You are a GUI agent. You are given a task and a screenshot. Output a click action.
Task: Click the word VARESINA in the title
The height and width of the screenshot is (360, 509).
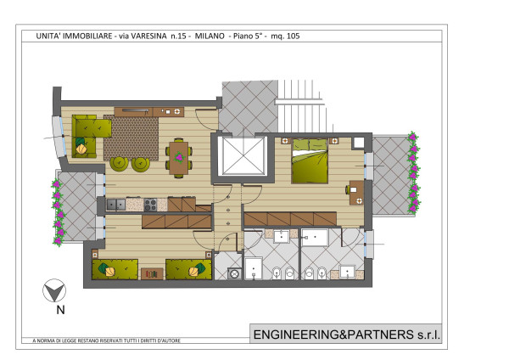point(148,36)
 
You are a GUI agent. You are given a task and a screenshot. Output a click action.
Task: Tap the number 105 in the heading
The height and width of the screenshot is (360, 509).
point(294,36)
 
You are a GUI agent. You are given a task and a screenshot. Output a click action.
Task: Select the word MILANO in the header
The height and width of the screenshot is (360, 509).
point(210,36)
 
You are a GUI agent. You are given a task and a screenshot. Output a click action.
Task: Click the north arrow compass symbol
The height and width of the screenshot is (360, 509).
point(54,290)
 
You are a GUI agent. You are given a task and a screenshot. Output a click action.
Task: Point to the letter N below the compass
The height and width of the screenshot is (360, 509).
point(61,310)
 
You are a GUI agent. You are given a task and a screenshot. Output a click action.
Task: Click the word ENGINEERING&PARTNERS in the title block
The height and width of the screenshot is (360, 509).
point(333,335)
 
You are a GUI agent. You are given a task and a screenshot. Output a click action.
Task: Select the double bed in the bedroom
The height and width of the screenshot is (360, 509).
point(310,160)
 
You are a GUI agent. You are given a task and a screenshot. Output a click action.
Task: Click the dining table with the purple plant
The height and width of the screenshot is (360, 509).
point(178,158)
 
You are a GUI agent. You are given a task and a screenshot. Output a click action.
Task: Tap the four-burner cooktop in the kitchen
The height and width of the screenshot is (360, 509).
point(150,205)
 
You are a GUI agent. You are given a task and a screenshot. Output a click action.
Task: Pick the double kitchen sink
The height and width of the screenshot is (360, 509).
point(116,205)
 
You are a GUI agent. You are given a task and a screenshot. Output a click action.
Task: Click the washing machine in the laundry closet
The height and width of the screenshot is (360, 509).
point(234,273)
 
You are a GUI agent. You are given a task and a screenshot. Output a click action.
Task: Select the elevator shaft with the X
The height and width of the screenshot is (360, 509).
point(243,156)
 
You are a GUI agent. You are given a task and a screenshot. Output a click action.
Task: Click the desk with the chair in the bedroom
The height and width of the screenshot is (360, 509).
point(356,193)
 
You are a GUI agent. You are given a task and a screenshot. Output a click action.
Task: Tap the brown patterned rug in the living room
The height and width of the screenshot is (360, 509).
point(131,138)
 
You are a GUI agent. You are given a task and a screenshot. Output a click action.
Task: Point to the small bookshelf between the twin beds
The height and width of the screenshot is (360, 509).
point(152,274)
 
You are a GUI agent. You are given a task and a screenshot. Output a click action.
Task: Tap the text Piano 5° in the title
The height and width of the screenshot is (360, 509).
point(248,36)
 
